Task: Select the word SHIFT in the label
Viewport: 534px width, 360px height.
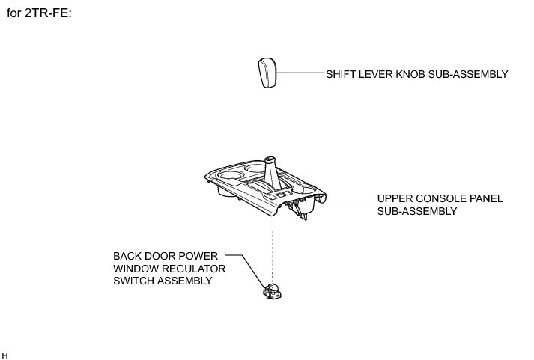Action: tap(340, 74)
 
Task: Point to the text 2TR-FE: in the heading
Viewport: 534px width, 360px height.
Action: tap(48, 14)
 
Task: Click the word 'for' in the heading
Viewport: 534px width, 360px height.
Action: tap(14, 14)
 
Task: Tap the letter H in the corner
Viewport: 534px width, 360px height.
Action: tap(5, 353)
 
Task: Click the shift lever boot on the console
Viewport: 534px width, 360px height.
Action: tap(273, 174)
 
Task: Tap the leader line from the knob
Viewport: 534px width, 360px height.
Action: tap(300, 73)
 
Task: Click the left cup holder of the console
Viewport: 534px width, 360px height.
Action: tap(228, 180)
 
